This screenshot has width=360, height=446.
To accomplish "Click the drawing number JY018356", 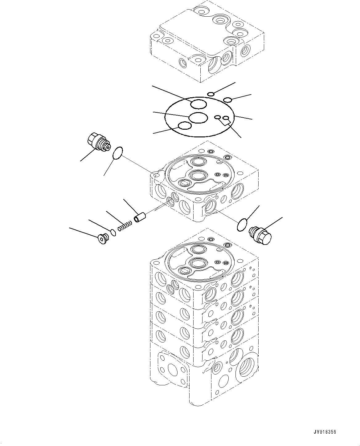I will (325, 432).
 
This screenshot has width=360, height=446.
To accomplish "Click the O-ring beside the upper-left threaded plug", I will (118, 153).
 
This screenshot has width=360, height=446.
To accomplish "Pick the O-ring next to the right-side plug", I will (243, 225).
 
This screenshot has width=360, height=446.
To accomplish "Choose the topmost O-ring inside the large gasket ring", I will (198, 104).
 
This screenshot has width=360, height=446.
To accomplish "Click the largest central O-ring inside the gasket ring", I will (198, 117).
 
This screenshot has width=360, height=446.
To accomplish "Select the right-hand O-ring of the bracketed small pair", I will (226, 118).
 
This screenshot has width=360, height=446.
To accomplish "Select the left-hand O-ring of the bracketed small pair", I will (218, 117).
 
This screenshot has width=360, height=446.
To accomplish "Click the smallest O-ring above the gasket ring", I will (211, 94).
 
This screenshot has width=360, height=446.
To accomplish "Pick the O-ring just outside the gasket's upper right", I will (228, 100).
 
